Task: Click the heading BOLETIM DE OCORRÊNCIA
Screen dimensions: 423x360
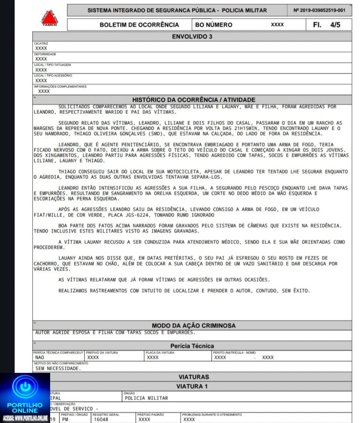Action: (x=139, y=25)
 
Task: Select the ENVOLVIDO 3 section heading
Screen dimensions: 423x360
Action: (x=193, y=37)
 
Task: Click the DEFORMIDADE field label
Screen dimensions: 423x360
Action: (x=45, y=54)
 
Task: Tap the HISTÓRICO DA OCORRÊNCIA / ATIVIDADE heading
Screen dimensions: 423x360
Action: (x=194, y=100)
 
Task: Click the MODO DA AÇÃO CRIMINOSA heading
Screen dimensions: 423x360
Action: (x=194, y=325)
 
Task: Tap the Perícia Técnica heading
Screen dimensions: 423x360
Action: (x=192, y=346)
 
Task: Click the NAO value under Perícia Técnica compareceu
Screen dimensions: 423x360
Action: (x=40, y=357)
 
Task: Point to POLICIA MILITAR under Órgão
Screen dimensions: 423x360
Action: (x=146, y=398)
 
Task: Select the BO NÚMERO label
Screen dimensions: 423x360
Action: (x=213, y=25)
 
